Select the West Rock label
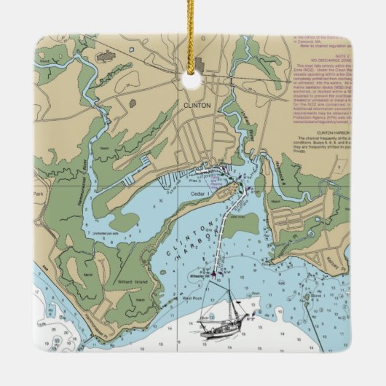tap(191, 298)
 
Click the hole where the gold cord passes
tap(192, 82)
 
